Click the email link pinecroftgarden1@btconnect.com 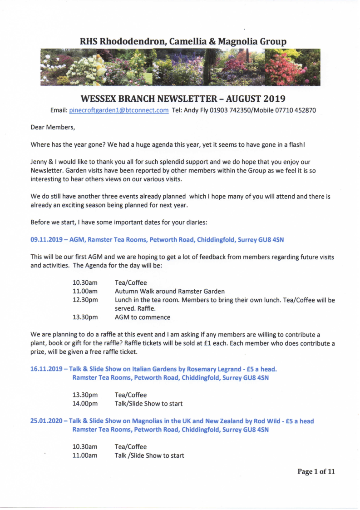coord(118,110)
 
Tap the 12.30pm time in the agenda coord(85,300)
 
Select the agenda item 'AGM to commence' coord(143,317)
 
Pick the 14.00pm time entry coord(85,403)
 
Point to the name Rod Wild coord(252,421)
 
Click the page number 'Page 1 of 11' coord(316,471)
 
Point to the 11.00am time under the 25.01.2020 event coord(85,456)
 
